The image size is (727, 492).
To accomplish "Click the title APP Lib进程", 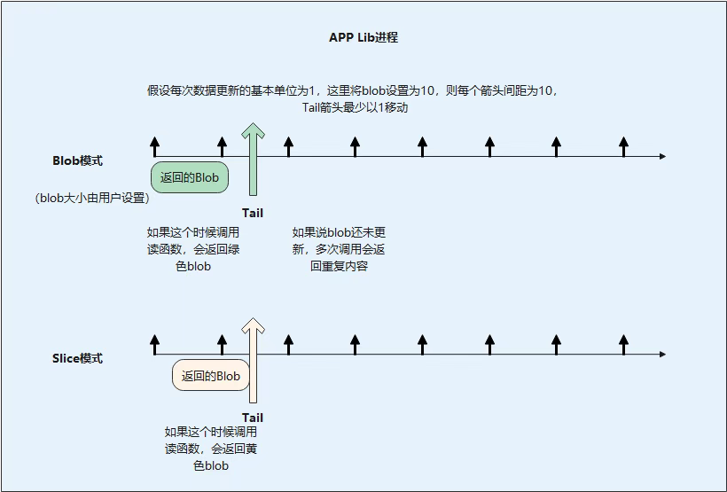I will pyautogui.click(x=363, y=38).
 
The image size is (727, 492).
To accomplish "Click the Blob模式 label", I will pyautogui.click(x=78, y=160).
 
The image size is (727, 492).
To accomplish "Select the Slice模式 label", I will pyautogui.click(x=78, y=358).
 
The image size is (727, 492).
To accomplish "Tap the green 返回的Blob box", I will pyautogui.click(x=190, y=177).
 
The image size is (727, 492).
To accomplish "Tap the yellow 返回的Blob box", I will pyautogui.click(x=211, y=376).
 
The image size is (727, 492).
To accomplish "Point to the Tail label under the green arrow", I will pyautogui.click(x=253, y=213).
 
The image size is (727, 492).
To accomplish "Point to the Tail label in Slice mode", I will pyautogui.click(x=253, y=418).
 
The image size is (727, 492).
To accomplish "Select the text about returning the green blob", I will pyautogui.click(x=193, y=249).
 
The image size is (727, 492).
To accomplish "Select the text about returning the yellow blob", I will pyautogui.click(x=211, y=449).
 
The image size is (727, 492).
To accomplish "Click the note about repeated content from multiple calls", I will pyautogui.click(x=339, y=249).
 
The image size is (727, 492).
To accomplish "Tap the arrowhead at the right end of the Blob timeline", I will pyautogui.click(x=661, y=157).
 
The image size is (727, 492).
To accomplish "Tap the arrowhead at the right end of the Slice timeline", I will pyautogui.click(x=661, y=355).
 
